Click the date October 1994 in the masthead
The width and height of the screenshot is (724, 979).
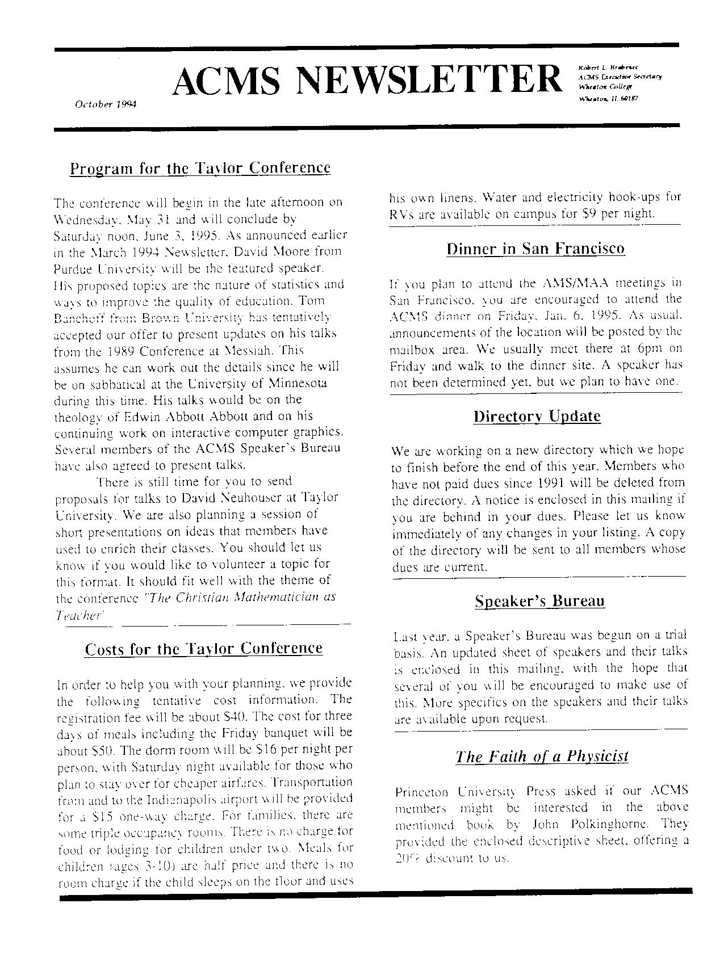pyautogui.click(x=106, y=104)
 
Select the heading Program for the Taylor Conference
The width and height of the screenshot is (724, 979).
pyautogui.click(x=200, y=168)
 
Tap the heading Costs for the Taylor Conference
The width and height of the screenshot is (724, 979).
pyautogui.click(x=203, y=649)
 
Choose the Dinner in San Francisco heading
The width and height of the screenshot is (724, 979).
pyautogui.click(x=535, y=249)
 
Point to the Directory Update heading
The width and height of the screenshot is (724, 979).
pyautogui.click(x=537, y=416)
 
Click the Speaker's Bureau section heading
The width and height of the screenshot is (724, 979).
pyautogui.click(x=539, y=601)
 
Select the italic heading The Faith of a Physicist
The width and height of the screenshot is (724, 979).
pyautogui.click(x=542, y=757)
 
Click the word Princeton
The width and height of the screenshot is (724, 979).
pyautogui.click(x=421, y=791)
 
